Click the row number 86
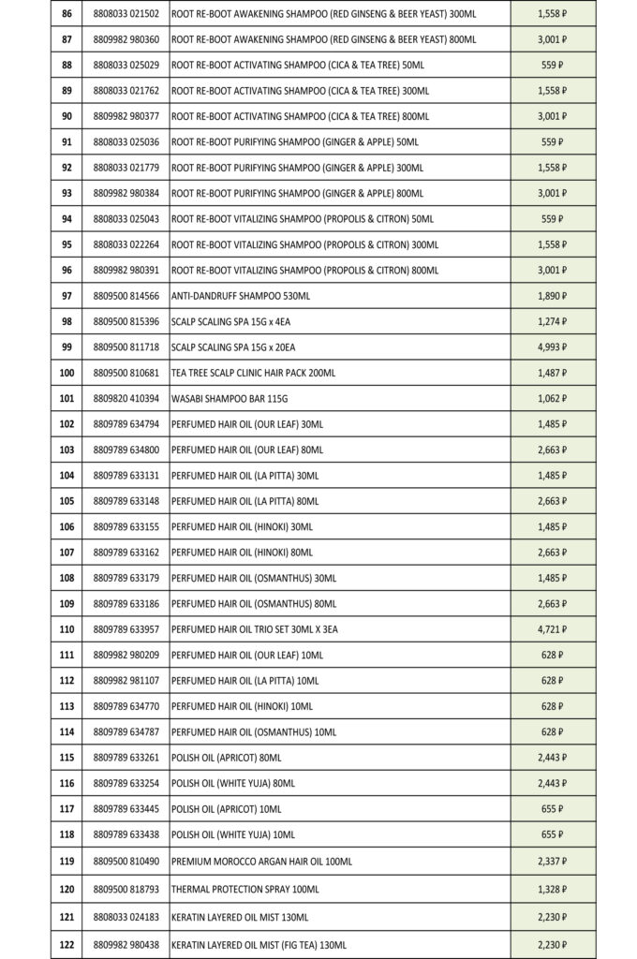(67, 14)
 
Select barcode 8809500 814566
(126, 296)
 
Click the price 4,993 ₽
(553, 347)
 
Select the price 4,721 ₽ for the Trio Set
(553, 629)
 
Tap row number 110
(67, 629)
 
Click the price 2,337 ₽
(553, 861)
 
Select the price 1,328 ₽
(553, 886)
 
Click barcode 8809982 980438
(126, 945)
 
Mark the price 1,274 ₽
(553, 321)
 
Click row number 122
(67, 945)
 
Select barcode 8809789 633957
(126, 629)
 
